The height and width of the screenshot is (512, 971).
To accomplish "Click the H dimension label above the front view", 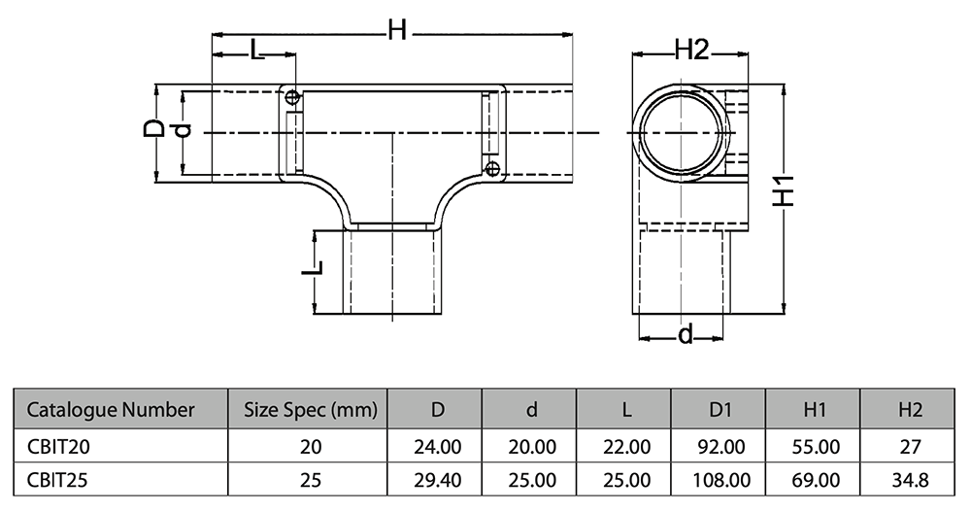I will pos(396,31).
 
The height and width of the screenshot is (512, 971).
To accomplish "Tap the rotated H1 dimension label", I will pos(788,191).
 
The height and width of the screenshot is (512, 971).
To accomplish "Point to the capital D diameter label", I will pos(153,128).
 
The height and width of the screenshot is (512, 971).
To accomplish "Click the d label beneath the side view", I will pos(686,335).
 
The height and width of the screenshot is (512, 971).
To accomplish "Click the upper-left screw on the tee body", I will pos(291,96).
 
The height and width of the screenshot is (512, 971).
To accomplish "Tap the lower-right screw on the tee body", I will pos(492,169).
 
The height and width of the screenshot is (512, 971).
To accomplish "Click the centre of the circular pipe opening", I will pos(681,131).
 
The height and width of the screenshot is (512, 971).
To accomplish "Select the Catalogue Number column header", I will pos(111,409).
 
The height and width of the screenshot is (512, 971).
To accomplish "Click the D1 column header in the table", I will pos(720,409).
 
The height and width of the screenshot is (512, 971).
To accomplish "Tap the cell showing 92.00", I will pos(720,446).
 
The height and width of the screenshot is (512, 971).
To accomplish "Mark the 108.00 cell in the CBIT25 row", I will pos(720,479).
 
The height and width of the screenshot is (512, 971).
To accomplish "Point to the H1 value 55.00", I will pos(815,446).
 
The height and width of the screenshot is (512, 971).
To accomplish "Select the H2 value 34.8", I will pos(909,479).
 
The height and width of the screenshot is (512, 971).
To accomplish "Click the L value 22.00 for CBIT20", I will pos(626,446).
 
